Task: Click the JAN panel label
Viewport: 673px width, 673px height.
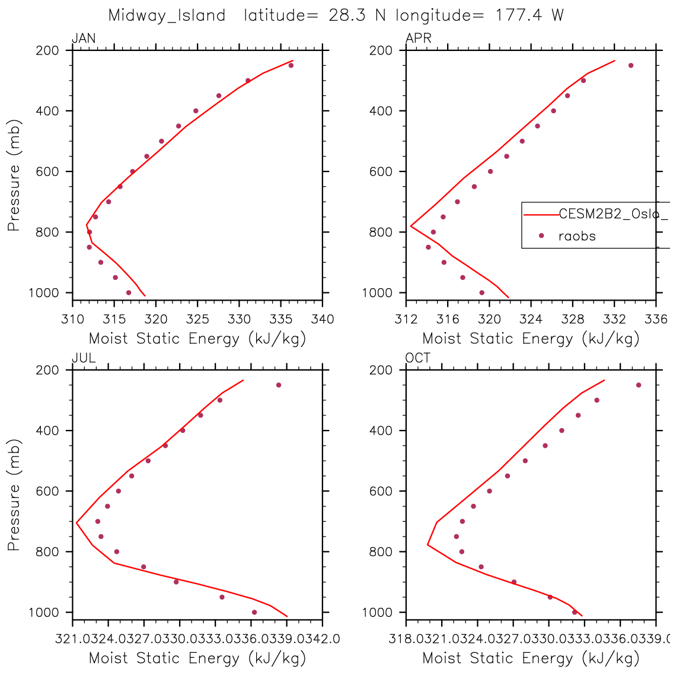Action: pyautogui.click(x=84, y=39)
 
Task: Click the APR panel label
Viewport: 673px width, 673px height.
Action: pyautogui.click(x=418, y=39)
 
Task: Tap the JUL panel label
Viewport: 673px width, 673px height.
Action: pyautogui.click(x=84, y=359)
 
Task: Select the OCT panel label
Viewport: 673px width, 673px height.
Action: pyautogui.click(x=418, y=359)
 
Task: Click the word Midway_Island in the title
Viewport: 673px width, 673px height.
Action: pyautogui.click(x=167, y=16)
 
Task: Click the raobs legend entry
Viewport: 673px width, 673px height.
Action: pyautogui.click(x=576, y=236)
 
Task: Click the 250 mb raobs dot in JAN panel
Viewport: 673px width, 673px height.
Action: pyautogui.click(x=291, y=65)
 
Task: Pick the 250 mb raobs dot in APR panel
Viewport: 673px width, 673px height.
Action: pyautogui.click(x=630, y=65)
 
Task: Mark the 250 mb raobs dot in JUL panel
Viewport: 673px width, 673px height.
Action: pyautogui.click(x=278, y=385)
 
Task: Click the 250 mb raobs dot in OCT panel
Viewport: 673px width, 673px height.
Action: pyautogui.click(x=639, y=385)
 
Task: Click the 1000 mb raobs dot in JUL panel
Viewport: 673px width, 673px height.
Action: pyautogui.click(x=254, y=612)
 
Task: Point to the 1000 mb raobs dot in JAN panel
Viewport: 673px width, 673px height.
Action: pyautogui.click(x=129, y=292)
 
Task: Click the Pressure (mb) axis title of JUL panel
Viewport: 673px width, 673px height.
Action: pyautogui.click(x=14, y=495)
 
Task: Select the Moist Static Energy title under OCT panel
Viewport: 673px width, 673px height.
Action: pyautogui.click(x=531, y=658)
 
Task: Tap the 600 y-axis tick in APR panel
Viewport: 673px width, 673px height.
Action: pyautogui.click(x=380, y=171)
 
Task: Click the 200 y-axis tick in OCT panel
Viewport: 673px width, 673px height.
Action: pyautogui.click(x=380, y=370)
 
